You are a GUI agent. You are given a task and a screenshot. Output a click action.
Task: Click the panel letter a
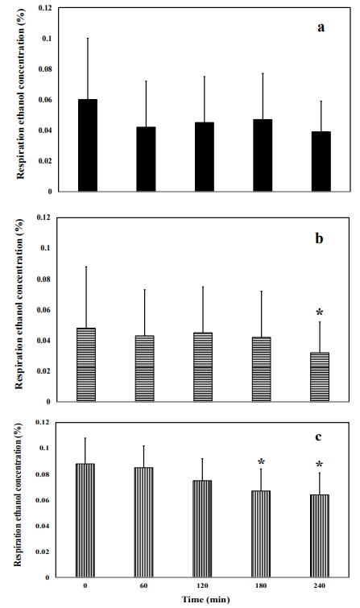(x=321, y=28)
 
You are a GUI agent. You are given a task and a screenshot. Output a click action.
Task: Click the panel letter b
(x=319, y=238)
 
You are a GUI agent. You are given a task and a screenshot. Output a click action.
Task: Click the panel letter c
(x=318, y=437)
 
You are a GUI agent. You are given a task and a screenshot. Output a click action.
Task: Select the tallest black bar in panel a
(x=88, y=145)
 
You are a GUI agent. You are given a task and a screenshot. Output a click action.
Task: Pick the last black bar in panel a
(x=321, y=161)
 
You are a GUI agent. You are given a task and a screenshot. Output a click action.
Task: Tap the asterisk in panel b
(x=320, y=312)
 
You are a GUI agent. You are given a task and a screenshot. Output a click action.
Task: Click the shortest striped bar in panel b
(x=320, y=377)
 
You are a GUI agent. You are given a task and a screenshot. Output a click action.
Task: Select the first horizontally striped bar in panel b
(x=86, y=365)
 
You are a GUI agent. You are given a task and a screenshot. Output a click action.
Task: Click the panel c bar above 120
(x=202, y=528)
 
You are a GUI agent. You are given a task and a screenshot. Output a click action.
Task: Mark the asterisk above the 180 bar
(x=261, y=461)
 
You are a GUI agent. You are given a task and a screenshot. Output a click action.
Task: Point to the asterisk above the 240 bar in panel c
(x=319, y=464)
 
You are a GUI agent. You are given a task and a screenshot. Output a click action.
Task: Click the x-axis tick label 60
(x=143, y=585)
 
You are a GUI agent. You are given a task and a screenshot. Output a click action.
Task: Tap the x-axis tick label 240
(x=319, y=585)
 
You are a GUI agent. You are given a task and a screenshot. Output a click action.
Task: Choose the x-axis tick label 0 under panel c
(x=85, y=585)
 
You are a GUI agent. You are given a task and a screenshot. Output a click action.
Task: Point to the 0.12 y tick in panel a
(x=44, y=8)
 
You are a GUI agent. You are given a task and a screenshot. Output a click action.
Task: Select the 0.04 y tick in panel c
(x=43, y=526)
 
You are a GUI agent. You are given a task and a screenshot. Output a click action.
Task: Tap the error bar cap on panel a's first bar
(x=88, y=38)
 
